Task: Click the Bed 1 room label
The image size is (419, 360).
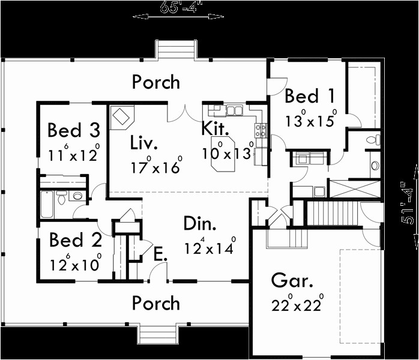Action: (x=310, y=96)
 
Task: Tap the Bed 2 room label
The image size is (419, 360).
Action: (x=74, y=241)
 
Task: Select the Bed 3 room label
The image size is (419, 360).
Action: (x=73, y=130)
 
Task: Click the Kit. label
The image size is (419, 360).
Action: (x=214, y=128)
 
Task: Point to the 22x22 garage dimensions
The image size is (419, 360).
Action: (x=298, y=304)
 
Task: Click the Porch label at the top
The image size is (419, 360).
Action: (x=156, y=82)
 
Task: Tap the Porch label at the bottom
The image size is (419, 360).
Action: (x=156, y=303)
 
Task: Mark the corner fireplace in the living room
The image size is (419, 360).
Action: (x=122, y=116)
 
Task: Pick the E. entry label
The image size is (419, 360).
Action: (x=159, y=255)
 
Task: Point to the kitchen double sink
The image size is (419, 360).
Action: (x=234, y=111)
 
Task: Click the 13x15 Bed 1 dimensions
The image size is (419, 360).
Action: (x=310, y=119)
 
